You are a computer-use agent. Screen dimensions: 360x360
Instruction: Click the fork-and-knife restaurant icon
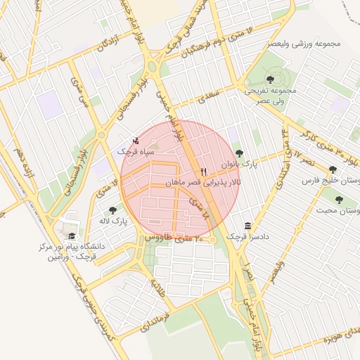tap(204, 171)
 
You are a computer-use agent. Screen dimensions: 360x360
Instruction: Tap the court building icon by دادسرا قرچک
tap(247, 226)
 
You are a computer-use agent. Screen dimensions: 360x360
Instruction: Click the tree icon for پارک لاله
tap(112, 210)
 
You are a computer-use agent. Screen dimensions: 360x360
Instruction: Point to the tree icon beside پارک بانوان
tap(239, 153)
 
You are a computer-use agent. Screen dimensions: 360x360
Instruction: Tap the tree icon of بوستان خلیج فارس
tap(333, 169)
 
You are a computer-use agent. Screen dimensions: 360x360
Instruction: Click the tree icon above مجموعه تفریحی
tap(271, 79)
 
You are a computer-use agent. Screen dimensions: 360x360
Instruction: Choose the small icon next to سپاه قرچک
tap(136, 140)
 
